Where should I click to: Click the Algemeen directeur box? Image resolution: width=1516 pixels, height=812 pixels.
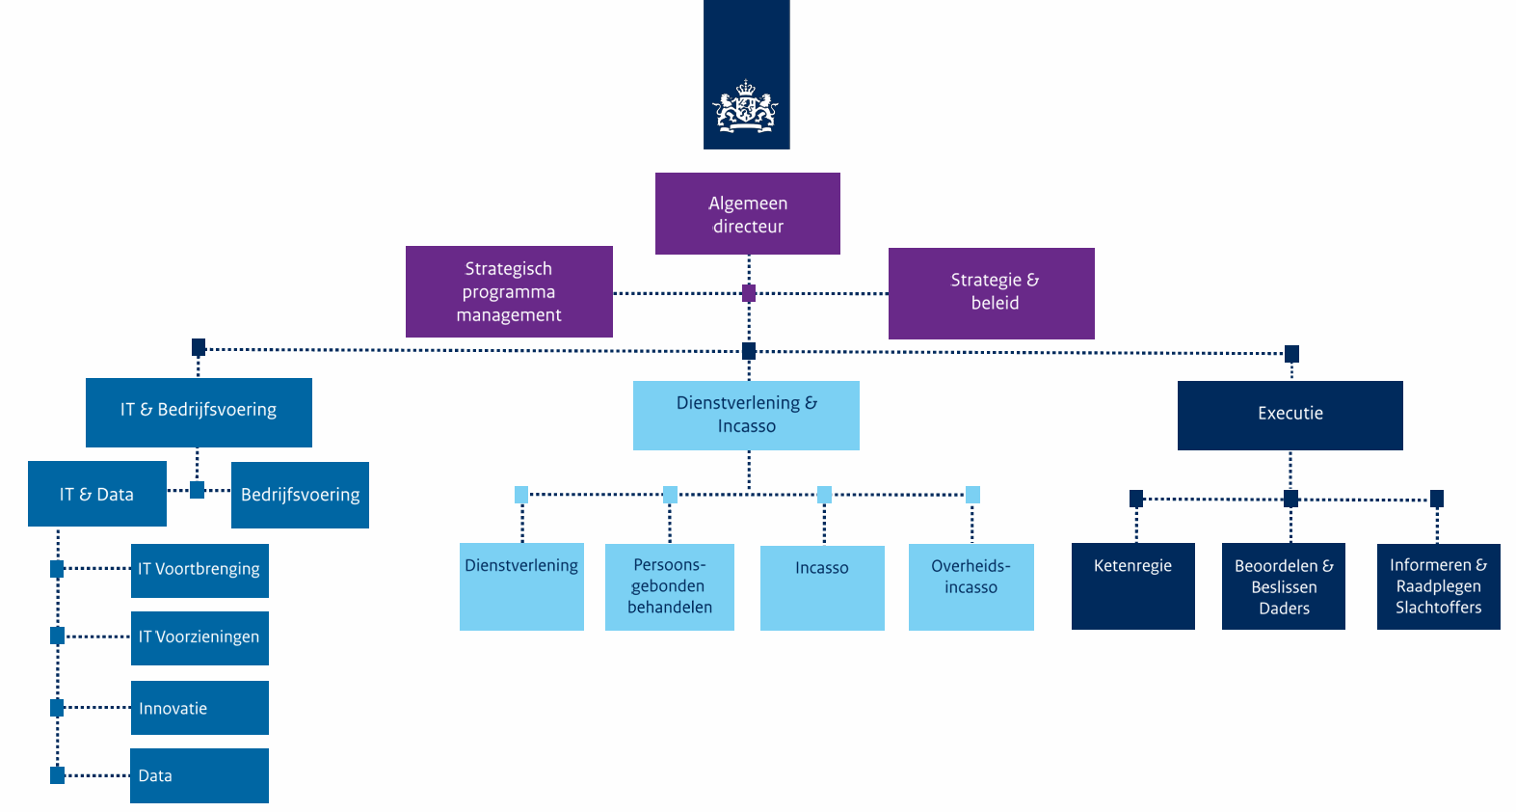click(x=747, y=214)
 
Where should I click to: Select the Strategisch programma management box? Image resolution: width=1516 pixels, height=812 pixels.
click(x=509, y=291)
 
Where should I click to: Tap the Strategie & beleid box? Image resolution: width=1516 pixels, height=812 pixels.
click(x=991, y=292)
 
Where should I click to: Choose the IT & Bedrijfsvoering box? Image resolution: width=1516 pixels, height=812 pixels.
click(x=199, y=412)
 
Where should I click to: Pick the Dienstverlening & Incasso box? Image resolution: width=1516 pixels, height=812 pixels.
click(x=746, y=415)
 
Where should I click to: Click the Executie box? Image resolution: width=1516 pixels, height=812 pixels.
click(x=1290, y=415)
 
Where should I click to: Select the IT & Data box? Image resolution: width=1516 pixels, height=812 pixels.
click(x=96, y=494)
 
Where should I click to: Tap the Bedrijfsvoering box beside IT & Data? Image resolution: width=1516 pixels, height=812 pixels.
click(x=300, y=495)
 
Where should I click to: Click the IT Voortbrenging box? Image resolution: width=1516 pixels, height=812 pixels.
click(x=199, y=570)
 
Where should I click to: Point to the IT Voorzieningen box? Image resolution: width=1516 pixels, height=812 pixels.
click(x=199, y=637)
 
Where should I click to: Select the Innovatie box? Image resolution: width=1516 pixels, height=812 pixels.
click(x=199, y=708)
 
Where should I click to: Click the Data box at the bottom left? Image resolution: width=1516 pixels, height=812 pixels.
click(x=199, y=775)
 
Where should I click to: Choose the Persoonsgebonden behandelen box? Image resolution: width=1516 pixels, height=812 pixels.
click(x=669, y=586)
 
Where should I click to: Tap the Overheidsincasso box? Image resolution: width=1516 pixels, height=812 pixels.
click(x=971, y=586)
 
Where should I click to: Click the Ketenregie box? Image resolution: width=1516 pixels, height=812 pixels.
click(x=1132, y=585)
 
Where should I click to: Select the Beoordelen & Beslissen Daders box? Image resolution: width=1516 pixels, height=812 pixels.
click(x=1283, y=586)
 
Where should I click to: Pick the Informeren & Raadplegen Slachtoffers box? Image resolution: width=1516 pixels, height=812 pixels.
click(x=1438, y=586)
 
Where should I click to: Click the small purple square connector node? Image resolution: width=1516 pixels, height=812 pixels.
click(x=749, y=293)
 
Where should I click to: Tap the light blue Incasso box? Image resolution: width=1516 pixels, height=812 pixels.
click(x=822, y=587)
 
